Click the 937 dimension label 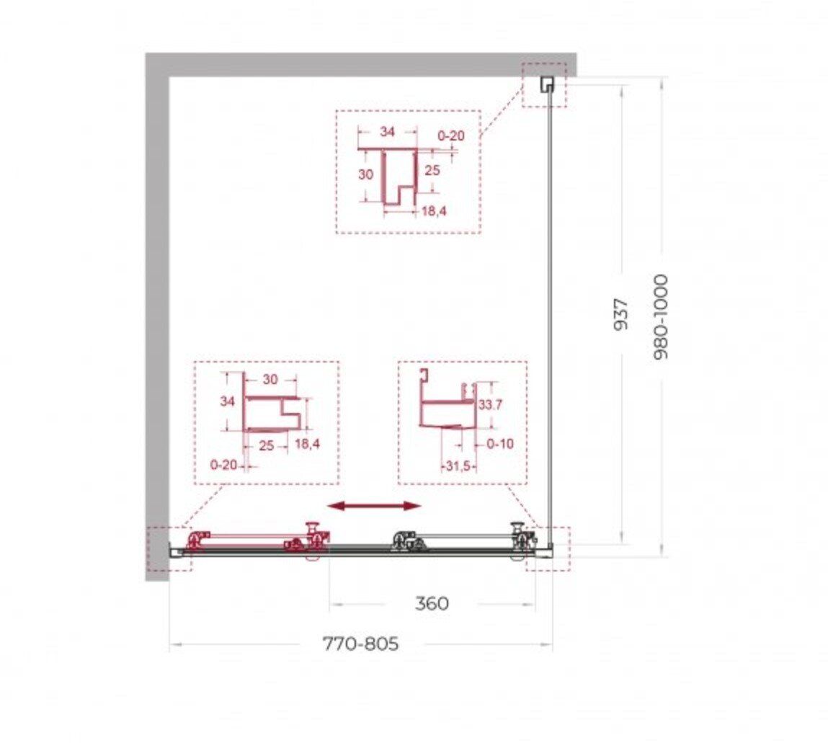tap(621, 315)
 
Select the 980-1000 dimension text tap(661, 317)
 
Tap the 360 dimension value tap(432, 603)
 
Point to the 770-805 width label tap(360, 644)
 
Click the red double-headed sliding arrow tap(375, 507)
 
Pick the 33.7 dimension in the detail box tap(490, 405)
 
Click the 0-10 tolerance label tap(499, 444)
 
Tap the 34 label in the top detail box tap(387, 131)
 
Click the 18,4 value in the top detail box tap(434, 211)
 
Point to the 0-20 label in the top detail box tap(451, 135)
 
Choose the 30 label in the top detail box tap(365, 174)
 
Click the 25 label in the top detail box tap(432, 170)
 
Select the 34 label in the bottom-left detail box tap(227, 401)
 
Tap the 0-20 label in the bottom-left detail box tap(223, 465)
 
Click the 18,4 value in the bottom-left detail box tap(307, 444)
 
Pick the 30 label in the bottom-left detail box tap(270, 379)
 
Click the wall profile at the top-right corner tap(546, 84)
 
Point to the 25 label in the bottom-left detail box tap(267, 445)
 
